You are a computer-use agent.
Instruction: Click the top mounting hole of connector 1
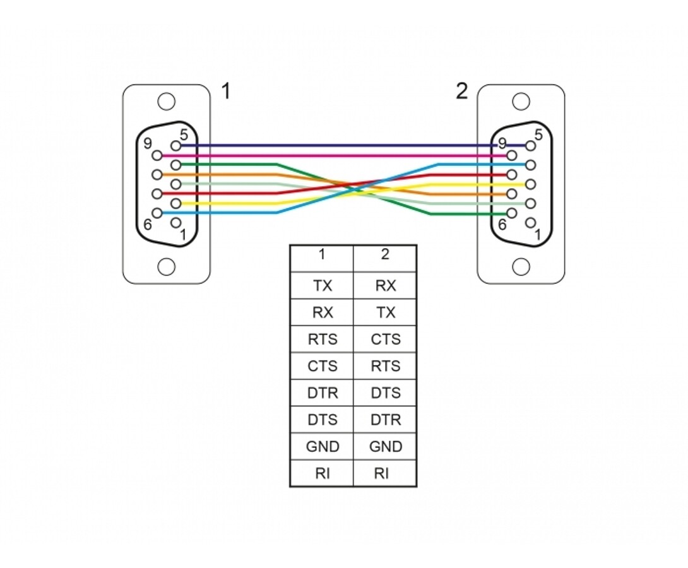pos(166,102)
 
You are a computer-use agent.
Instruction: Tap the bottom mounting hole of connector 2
pos(521,267)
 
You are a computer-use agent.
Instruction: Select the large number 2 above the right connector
pos(461,92)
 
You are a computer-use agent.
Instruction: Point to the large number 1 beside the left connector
pos(226,92)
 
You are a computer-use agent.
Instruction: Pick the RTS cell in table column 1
pos(322,340)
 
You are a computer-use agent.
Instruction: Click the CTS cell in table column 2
pos(385,340)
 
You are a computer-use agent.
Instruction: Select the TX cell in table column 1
pos(322,286)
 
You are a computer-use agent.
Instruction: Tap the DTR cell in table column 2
pos(385,420)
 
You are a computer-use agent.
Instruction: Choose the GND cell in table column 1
pos(322,446)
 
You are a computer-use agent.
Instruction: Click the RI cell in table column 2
pos(385,473)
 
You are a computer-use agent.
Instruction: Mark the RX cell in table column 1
pos(322,313)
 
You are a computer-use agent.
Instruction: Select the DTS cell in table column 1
pos(322,420)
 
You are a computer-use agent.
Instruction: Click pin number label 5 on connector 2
pos(538,134)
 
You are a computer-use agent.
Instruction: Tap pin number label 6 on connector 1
pos(148,225)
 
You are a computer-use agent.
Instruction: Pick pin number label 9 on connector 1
pos(148,143)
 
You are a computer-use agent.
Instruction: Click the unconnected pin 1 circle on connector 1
pos(175,223)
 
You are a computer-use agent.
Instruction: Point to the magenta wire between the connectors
pos(334,155)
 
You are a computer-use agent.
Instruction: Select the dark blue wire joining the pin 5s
pos(353,145)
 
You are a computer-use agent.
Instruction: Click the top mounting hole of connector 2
pos(521,102)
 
